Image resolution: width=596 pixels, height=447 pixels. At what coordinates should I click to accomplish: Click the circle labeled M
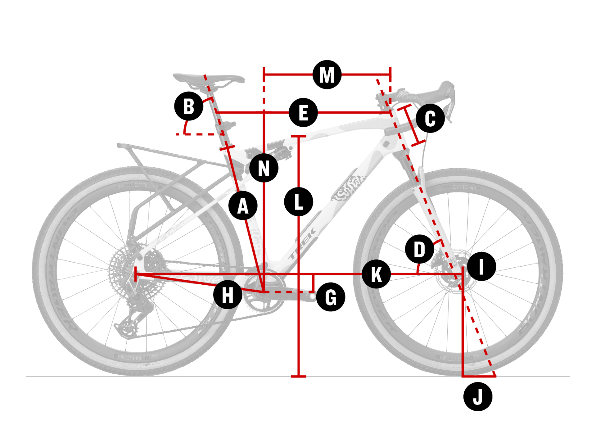(327, 75)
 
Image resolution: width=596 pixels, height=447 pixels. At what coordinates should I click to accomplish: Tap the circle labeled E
(303, 112)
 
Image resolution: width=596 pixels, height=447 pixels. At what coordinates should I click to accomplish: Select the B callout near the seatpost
(189, 106)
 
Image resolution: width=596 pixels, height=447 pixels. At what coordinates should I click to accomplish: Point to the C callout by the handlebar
(430, 118)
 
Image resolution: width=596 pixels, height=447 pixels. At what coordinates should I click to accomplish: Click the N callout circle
(264, 168)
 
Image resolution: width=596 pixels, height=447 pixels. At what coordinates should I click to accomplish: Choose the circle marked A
(243, 205)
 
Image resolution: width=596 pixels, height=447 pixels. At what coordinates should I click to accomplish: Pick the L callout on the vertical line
(298, 202)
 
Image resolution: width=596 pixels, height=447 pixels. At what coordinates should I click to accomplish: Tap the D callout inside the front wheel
(419, 249)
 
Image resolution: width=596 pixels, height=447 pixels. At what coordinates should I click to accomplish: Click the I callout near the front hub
(481, 266)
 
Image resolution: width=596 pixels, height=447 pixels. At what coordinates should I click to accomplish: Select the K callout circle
(376, 274)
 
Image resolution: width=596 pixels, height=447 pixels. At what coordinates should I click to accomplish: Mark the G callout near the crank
(331, 297)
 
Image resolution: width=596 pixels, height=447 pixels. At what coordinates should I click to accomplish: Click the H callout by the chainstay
(228, 295)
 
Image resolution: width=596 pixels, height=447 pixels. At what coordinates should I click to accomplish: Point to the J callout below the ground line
(478, 397)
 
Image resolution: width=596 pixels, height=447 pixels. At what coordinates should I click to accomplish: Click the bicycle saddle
(208, 78)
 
